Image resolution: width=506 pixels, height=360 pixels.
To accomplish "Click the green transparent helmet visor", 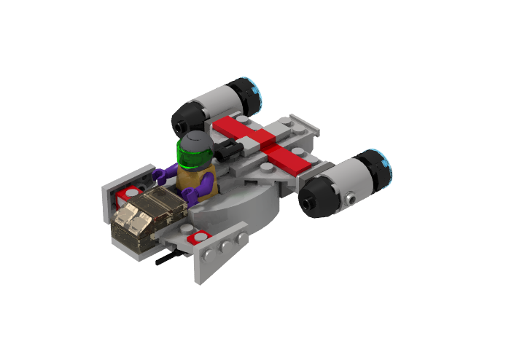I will (x=194, y=156).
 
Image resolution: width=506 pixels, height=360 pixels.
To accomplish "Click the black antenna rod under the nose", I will (x=169, y=257).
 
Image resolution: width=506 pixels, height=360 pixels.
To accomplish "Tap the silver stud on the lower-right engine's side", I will (x=351, y=198).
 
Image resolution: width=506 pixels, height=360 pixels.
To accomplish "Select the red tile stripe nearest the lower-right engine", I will (x=288, y=157).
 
